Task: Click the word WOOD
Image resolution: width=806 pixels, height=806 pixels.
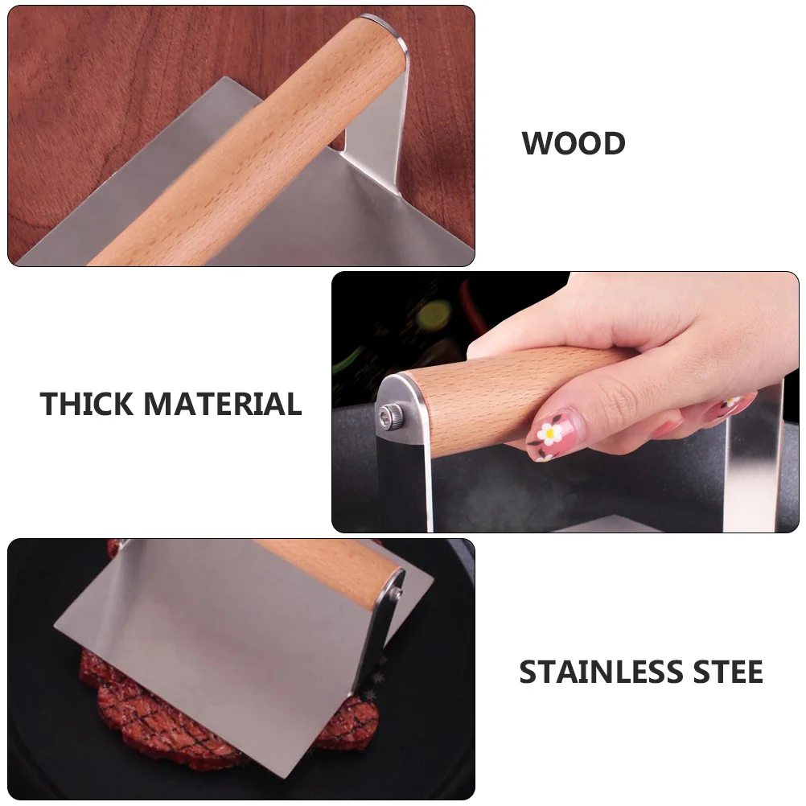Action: pyautogui.click(x=574, y=144)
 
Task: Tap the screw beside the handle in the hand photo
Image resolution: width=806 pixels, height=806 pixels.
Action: pyautogui.click(x=387, y=415)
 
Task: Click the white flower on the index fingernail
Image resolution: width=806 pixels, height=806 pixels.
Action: pyautogui.click(x=549, y=433)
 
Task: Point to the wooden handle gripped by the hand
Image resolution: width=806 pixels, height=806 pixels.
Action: pyautogui.click(x=467, y=394)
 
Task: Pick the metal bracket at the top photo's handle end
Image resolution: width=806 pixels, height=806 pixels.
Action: pyautogui.click(x=378, y=105)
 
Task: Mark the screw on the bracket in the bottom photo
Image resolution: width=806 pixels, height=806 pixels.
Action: pyautogui.click(x=397, y=594)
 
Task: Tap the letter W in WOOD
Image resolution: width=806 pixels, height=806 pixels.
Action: pyautogui.click(x=536, y=144)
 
